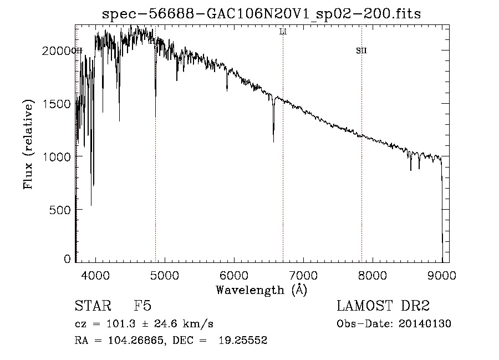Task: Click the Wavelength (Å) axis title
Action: pos(261,290)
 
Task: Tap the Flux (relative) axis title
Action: pos(28,144)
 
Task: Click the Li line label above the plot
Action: pos(283,32)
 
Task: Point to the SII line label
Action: pos(361,50)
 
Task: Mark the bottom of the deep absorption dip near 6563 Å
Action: pos(273,141)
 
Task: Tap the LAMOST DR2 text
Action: pos(383,307)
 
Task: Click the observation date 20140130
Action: pos(425,324)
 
